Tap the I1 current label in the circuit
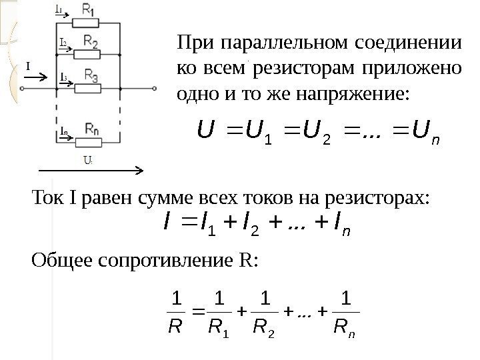click(59, 10)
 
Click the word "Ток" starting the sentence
click(46, 198)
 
